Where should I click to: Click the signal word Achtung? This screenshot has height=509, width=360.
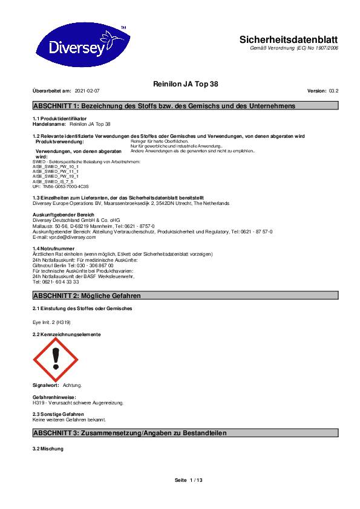pyautogui.click(x=72, y=385)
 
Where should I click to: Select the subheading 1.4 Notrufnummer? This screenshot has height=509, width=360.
pyautogui.click(x=53, y=248)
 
